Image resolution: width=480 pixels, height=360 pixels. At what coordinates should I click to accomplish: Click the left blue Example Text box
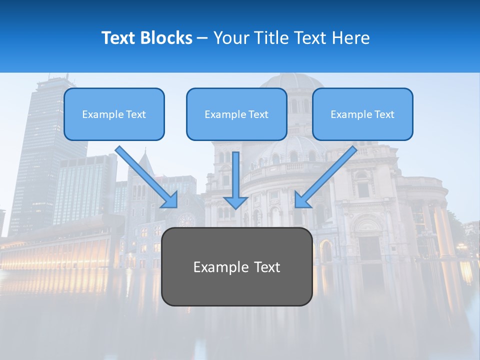pyautogui.click(x=114, y=114)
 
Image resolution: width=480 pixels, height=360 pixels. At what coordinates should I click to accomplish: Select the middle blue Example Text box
pyautogui.click(x=236, y=114)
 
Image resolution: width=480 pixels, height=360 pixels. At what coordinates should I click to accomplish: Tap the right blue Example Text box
pyautogui.click(x=362, y=114)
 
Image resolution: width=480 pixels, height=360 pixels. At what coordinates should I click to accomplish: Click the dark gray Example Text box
pyautogui.click(x=236, y=266)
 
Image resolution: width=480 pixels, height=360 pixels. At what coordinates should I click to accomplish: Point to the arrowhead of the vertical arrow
pyautogui.click(x=235, y=202)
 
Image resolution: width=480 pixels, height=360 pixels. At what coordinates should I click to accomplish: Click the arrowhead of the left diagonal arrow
pyautogui.click(x=170, y=200)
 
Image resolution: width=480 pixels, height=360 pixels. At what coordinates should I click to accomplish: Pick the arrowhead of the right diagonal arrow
pyautogui.click(x=301, y=200)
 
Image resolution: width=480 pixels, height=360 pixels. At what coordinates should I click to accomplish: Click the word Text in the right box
pyautogui.click(x=384, y=114)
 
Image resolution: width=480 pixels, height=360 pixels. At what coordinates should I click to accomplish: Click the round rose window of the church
pyautogui.click(x=186, y=220)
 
